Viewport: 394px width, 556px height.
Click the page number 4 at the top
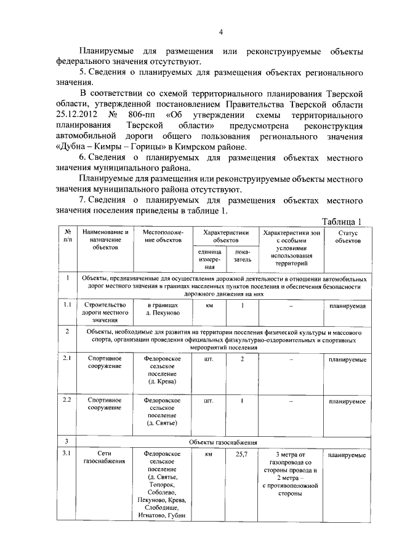click(x=220, y=33)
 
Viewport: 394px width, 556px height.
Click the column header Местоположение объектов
click(x=162, y=237)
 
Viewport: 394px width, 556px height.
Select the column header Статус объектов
click(x=348, y=237)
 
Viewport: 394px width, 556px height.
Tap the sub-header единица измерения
click(x=209, y=259)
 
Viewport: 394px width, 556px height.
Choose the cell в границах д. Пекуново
click(x=162, y=309)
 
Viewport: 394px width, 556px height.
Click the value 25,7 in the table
click(x=242, y=455)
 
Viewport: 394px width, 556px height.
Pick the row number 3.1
click(x=67, y=455)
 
